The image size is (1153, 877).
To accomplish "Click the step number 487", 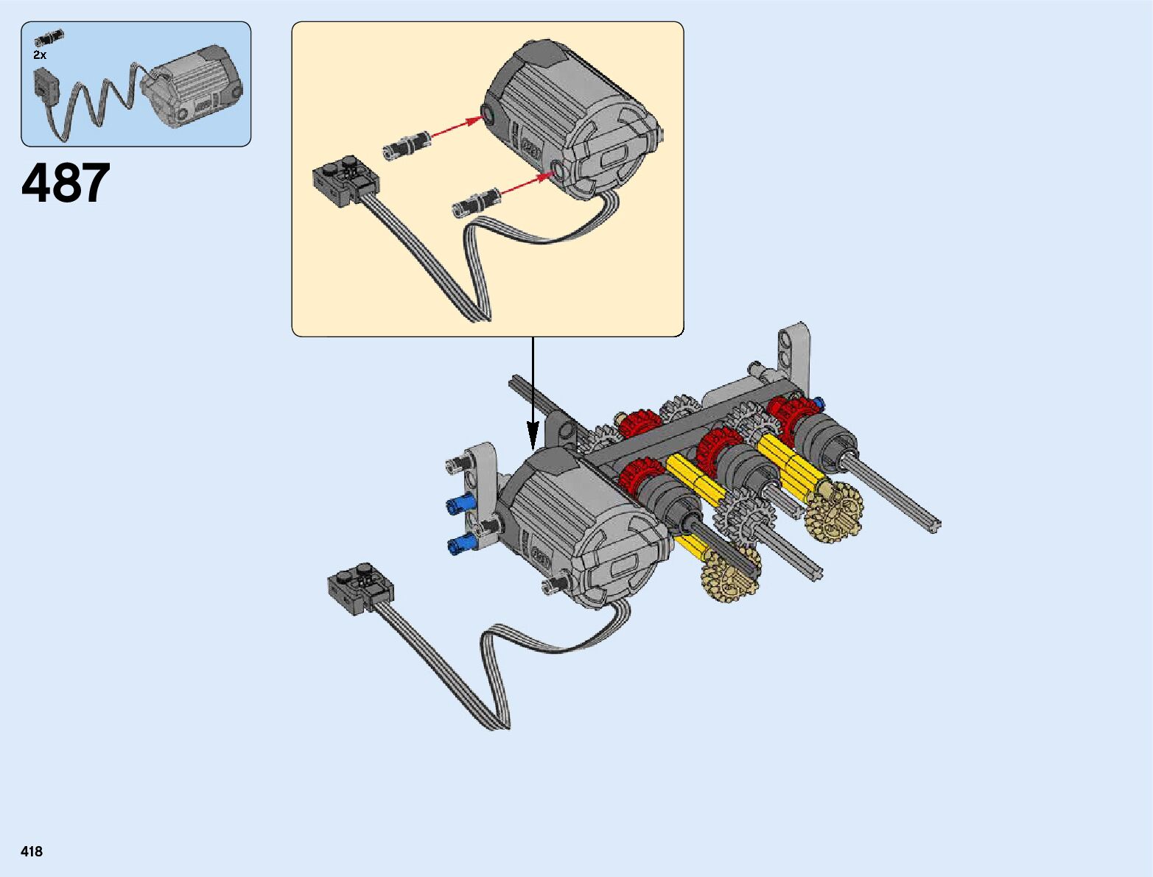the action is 66,183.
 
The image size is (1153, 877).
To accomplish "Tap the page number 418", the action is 32,852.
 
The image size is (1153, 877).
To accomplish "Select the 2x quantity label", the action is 40,55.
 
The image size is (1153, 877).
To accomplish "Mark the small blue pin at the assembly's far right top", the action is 819,403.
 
